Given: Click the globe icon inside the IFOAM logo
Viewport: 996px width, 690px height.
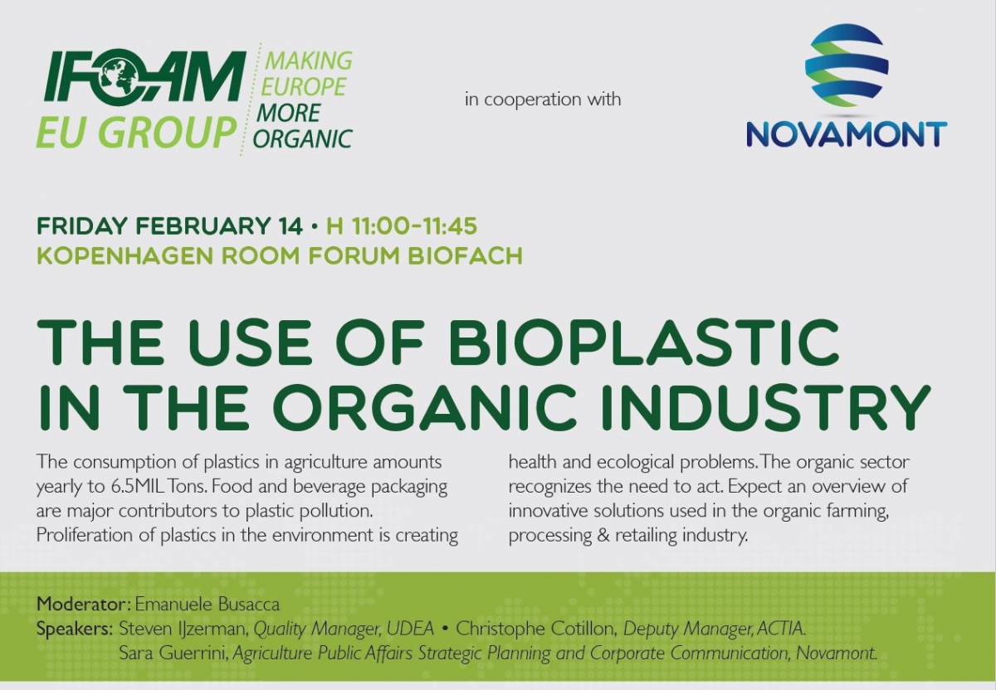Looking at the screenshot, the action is click(x=117, y=74).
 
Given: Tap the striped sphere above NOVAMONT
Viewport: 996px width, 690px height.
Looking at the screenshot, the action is click(x=847, y=66).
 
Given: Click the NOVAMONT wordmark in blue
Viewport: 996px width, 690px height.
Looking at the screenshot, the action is click(x=847, y=134).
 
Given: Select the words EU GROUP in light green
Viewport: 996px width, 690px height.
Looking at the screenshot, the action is click(x=136, y=132).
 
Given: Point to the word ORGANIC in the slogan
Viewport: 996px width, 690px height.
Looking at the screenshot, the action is click(x=302, y=138).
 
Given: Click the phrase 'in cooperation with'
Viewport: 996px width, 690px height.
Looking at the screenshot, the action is click(x=543, y=99).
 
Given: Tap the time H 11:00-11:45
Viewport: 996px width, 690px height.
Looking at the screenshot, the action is click(x=402, y=226).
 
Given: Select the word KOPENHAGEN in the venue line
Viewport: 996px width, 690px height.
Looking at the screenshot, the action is click(x=124, y=255).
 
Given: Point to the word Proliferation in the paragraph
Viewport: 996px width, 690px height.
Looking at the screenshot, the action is click(x=84, y=535).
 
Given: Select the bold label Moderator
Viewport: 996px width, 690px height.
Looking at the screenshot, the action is click(x=82, y=605).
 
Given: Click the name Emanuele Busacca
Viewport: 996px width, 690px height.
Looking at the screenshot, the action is click(x=207, y=605).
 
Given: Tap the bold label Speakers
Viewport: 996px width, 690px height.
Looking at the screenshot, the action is click(x=74, y=629).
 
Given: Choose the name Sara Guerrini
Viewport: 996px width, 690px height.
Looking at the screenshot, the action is click(x=173, y=654).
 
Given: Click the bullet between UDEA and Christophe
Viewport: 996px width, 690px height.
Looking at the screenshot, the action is click(x=445, y=629).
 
